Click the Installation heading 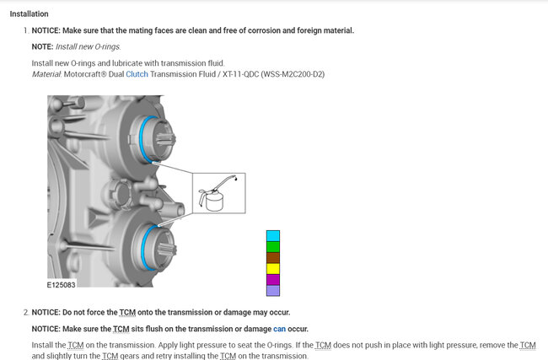29,14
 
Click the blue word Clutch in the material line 137,74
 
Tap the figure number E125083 62,285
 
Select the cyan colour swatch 273,236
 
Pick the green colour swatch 273,247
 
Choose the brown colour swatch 273,258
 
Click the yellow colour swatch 273,269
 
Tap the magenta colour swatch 273,280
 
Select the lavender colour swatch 273,291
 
